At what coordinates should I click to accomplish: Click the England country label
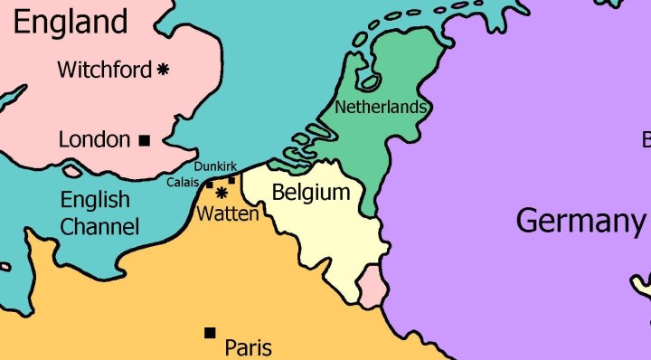pyautogui.click(x=71, y=21)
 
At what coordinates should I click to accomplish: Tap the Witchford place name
pyautogui.click(x=104, y=70)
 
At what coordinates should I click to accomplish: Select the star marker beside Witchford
pyautogui.click(x=164, y=69)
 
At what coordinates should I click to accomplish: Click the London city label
pyautogui.click(x=94, y=139)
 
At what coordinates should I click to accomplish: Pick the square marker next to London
pyautogui.click(x=144, y=140)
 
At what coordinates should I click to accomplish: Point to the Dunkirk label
pyautogui.click(x=215, y=166)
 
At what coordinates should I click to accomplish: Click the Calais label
pyautogui.click(x=183, y=183)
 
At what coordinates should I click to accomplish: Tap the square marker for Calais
pyautogui.click(x=210, y=185)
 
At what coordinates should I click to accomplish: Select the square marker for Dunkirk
pyautogui.click(x=232, y=180)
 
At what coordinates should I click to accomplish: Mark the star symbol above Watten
pyautogui.click(x=221, y=193)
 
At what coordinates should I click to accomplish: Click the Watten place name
pyautogui.click(x=228, y=214)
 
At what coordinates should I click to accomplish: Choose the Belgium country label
pyautogui.click(x=310, y=193)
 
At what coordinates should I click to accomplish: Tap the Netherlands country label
pyautogui.click(x=380, y=107)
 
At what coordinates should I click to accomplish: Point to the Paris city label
pyautogui.click(x=248, y=346)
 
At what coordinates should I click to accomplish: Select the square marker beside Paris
pyautogui.click(x=211, y=333)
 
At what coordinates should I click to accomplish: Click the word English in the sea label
pyautogui.click(x=95, y=200)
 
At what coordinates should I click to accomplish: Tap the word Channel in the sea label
pyautogui.click(x=99, y=226)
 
